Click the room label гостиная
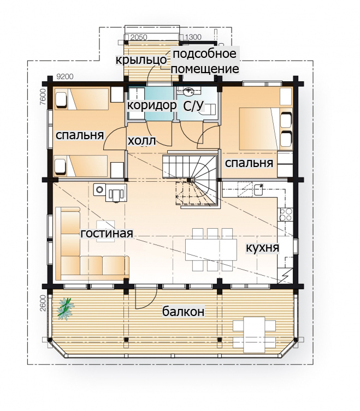(107, 233)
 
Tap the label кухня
(262, 247)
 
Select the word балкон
(183, 312)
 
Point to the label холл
(141, 141)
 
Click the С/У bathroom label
(193, 106)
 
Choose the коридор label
(152, 105)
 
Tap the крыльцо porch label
(141, 59)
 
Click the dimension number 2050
(139, 38)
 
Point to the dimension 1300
(193, 37)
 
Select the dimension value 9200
(65, 77)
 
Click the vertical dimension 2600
(43, 303)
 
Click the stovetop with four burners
(286, 215)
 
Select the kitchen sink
(258, 190)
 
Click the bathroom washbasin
(188, 92)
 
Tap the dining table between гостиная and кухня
(211, 249)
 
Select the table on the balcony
(254, 335)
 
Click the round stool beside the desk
(99, 189)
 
